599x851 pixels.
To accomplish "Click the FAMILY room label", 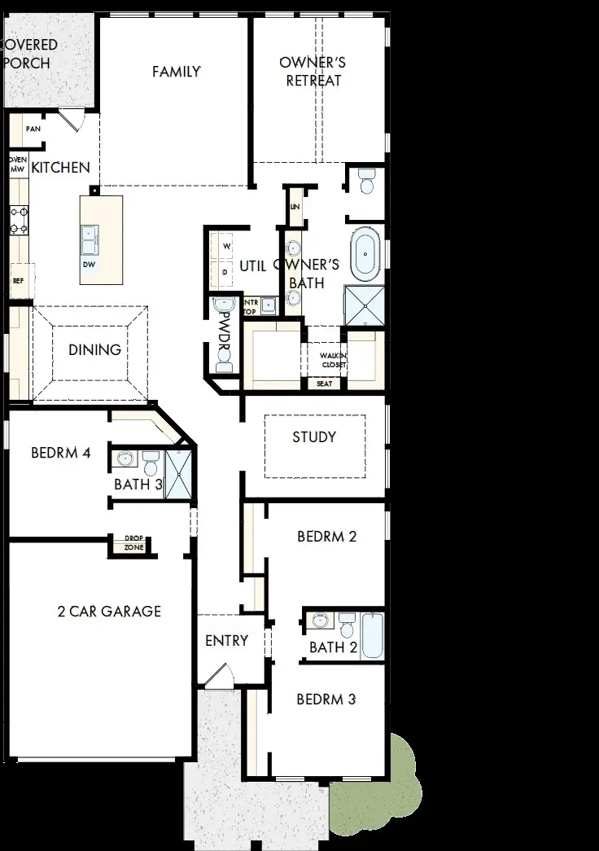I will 176,72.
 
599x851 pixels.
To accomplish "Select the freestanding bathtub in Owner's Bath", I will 365,255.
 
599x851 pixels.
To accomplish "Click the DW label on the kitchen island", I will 88,265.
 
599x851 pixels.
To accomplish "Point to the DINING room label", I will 94,349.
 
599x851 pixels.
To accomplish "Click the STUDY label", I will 314,437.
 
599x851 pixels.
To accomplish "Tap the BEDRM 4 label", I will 60,453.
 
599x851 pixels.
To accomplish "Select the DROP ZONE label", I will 133,543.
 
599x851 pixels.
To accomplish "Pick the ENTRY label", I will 226,641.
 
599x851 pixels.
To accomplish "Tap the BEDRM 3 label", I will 326,699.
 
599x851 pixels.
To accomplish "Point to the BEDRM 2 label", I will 326,537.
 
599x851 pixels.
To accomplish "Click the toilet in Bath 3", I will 150,465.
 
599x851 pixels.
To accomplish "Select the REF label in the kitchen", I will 17,280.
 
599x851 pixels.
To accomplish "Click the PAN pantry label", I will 33,129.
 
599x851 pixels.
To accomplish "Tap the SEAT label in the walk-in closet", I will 324,384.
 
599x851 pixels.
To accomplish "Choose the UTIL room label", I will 254,265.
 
